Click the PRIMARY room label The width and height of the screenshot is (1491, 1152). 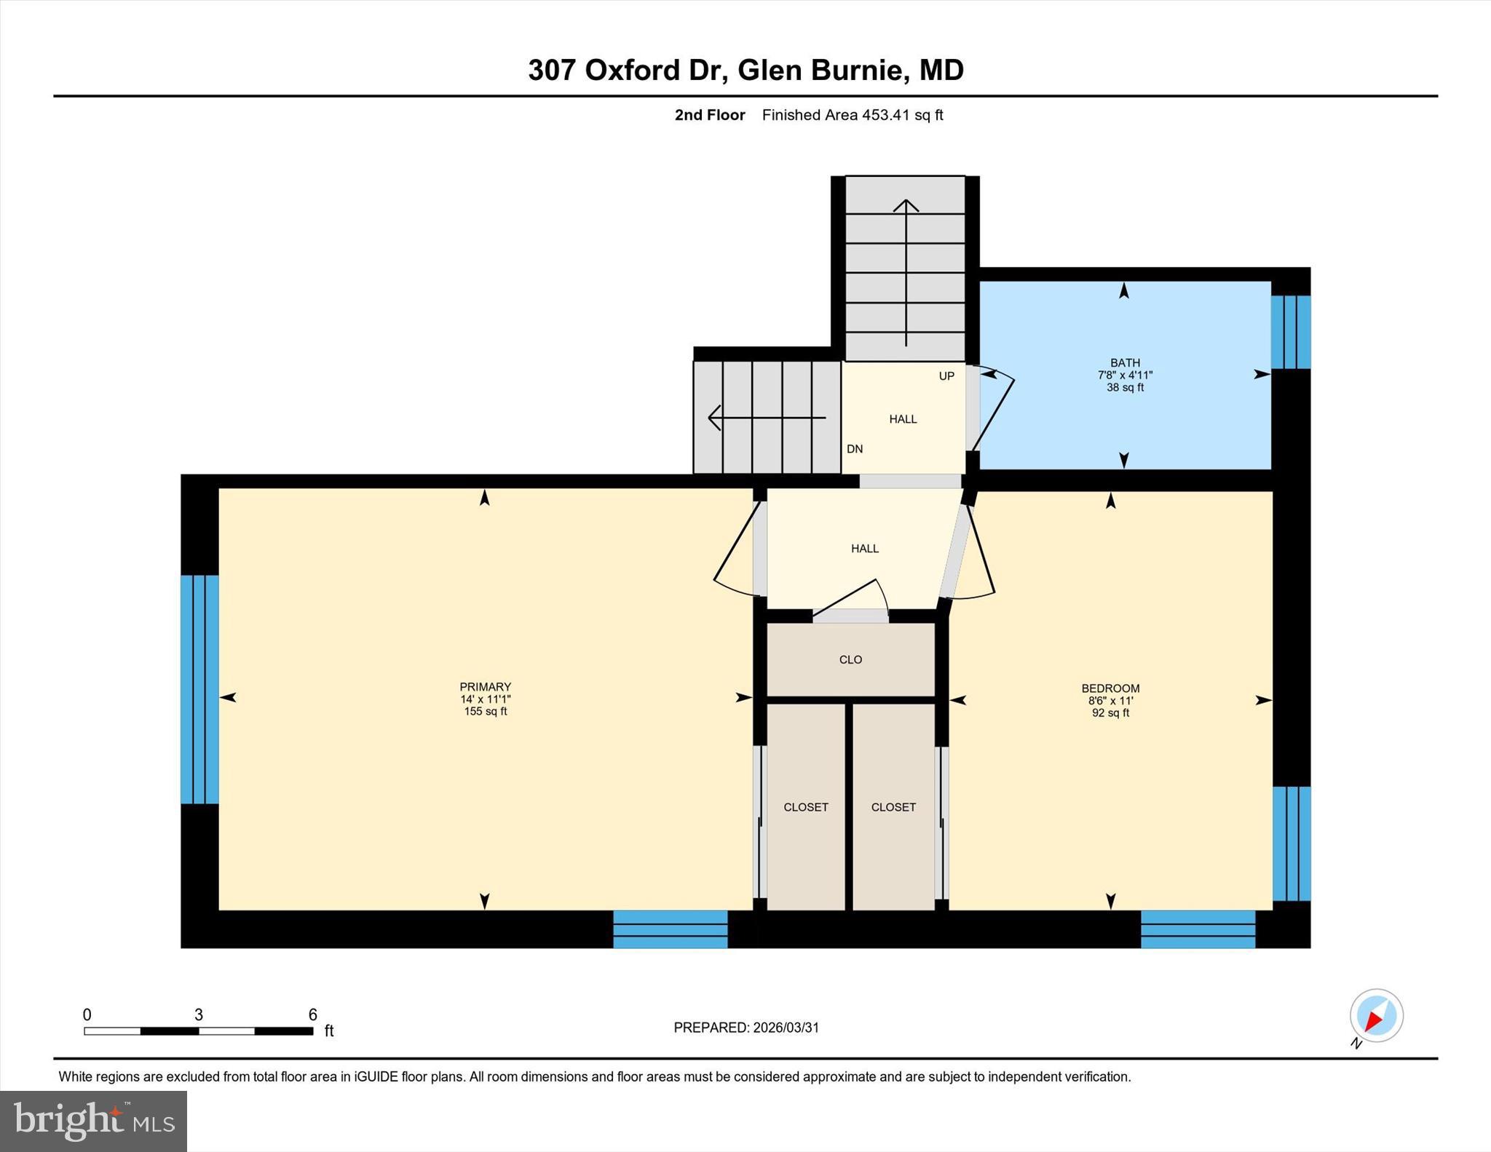coord(485,686)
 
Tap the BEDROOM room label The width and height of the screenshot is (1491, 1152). coord(1110,688)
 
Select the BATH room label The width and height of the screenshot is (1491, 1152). coord(1125,362)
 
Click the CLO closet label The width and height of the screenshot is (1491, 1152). coord(850,659)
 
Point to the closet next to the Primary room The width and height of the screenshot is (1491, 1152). coord(805,807)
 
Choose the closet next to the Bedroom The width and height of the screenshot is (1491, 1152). coord(893,807)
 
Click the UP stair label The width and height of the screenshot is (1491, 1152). coord(946,376)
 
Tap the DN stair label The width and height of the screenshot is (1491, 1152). coord(855,449)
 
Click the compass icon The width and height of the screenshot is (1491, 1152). coord(1376,1016)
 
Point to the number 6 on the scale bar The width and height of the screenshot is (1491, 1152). coord(313,1014)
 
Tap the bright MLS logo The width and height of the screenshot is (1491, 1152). coord(93,1121)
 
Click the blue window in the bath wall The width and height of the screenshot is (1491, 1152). coord(1291,332)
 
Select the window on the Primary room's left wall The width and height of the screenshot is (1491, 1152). coord(199,689)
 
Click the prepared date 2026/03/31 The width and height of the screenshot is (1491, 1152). coord(786,1028)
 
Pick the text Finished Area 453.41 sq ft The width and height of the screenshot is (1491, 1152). coord(852,115)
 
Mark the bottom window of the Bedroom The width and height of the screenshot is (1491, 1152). coord(1198,929)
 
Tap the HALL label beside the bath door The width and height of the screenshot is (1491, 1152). coord(903,419)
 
